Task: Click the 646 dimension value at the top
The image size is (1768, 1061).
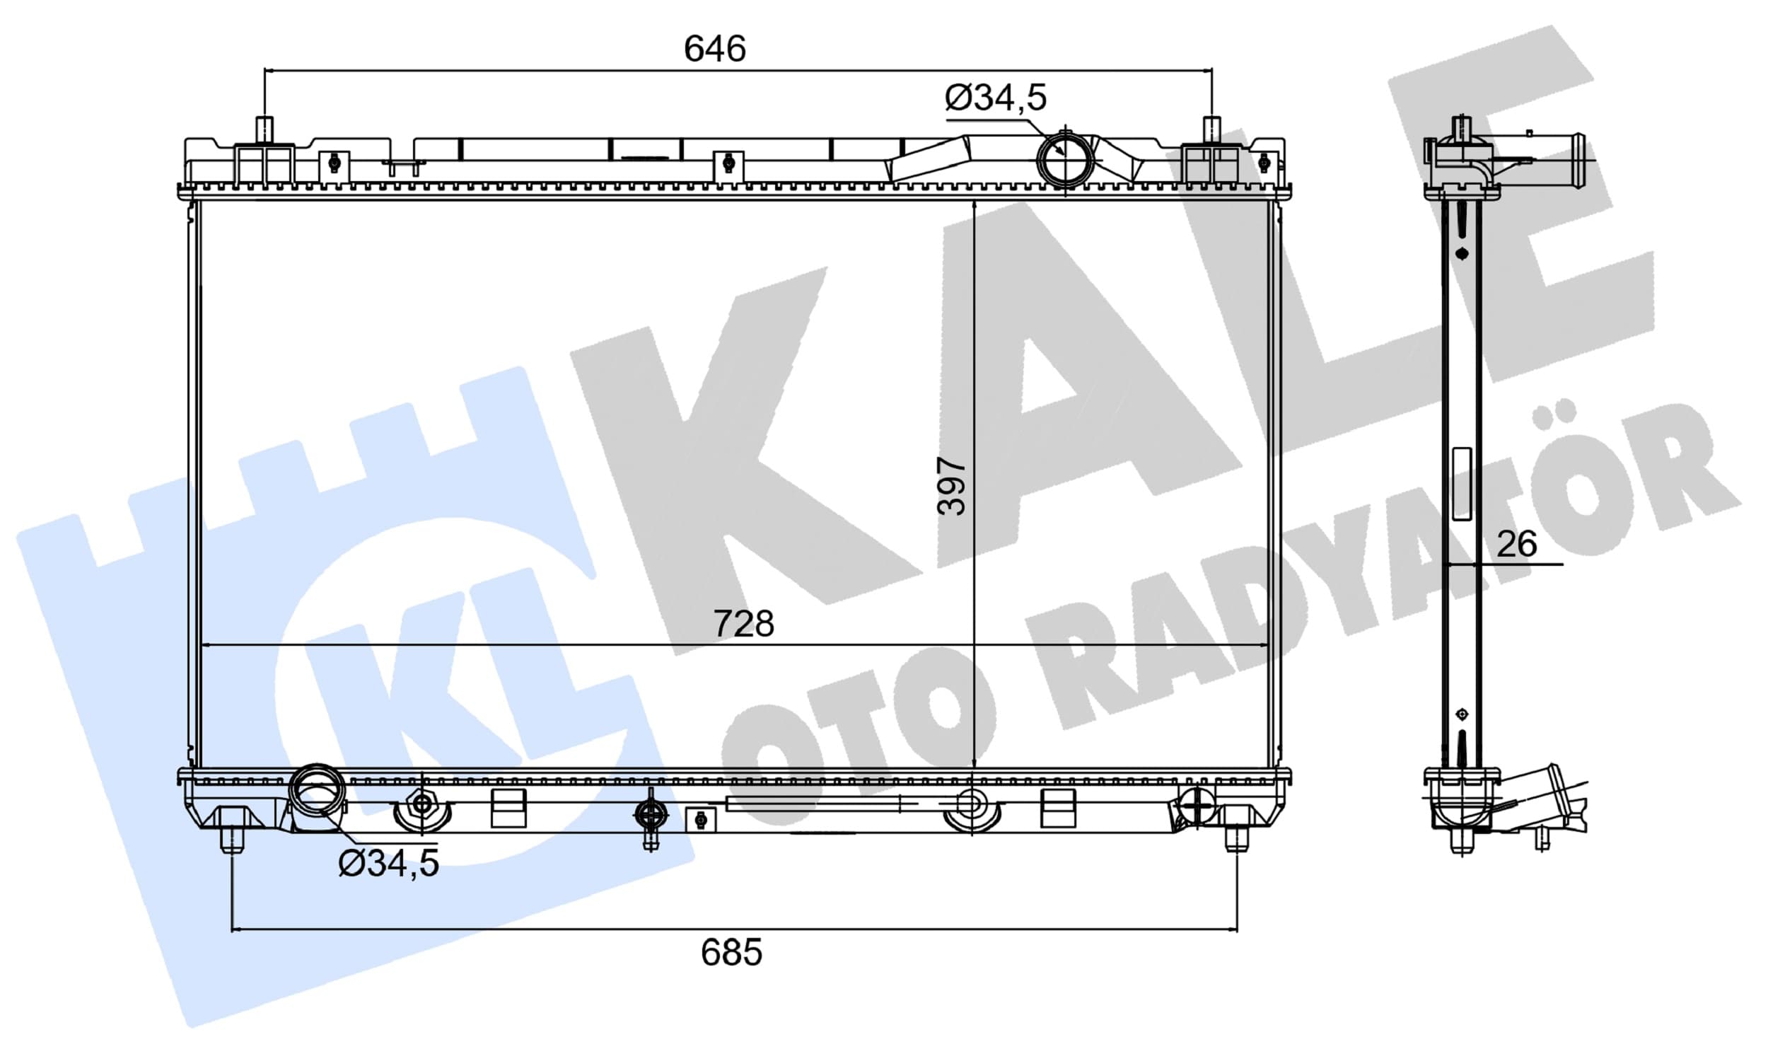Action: coord(715,49)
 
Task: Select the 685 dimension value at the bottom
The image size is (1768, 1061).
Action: coord(731,952)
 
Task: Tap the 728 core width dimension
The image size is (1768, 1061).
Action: coord(743,623)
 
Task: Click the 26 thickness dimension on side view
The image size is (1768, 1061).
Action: coord(1516,543)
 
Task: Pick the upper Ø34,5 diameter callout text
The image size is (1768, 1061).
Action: coord(996,97)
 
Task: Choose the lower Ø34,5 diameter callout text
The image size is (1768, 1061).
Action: coord(388,863)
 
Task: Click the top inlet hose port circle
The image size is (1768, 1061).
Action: coord(1065,159)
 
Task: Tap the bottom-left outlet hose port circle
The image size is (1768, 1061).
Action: coord(317,791)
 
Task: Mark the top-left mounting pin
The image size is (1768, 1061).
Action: coord(264,130)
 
